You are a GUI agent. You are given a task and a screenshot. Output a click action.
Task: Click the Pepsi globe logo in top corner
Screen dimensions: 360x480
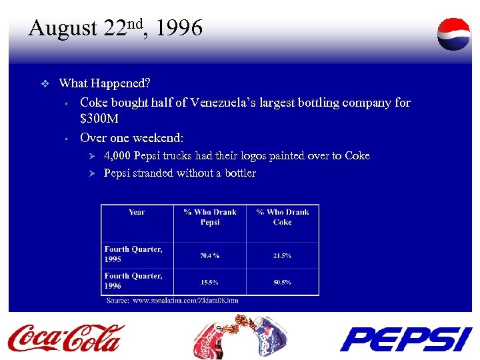click(x=453, y=34)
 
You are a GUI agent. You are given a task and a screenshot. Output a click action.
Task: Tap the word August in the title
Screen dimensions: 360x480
click(x=63, y=29)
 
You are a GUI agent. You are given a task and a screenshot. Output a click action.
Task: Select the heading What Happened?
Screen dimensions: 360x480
click(x=105, y=84)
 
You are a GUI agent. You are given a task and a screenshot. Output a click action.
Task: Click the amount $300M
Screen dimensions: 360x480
click(x=99, y=120)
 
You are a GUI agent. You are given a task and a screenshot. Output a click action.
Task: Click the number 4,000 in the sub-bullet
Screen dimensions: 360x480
click(x=117, y=156)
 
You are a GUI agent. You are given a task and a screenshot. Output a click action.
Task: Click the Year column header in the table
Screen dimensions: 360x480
click(x=137, y=213)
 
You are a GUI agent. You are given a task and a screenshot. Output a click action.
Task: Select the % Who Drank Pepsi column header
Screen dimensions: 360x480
click(x=210, y=217)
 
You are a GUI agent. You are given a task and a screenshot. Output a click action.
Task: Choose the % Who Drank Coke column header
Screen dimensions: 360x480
click(x=283, y=217)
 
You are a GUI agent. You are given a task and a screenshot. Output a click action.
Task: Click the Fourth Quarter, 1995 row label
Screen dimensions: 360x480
click(x=133, y=254)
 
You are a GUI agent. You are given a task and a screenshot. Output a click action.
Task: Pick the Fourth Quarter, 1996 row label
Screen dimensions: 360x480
click(x=133, y=281)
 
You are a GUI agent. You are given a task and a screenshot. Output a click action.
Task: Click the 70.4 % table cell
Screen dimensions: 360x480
click(x=210, y=255)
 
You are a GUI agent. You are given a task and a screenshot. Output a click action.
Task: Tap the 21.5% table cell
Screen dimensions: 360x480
click(x=283, y=255)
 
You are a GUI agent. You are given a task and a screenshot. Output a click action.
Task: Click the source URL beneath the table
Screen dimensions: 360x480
click(x=191, y=301)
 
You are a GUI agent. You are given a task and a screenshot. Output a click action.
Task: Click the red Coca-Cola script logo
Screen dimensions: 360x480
click(x=65, y=337)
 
